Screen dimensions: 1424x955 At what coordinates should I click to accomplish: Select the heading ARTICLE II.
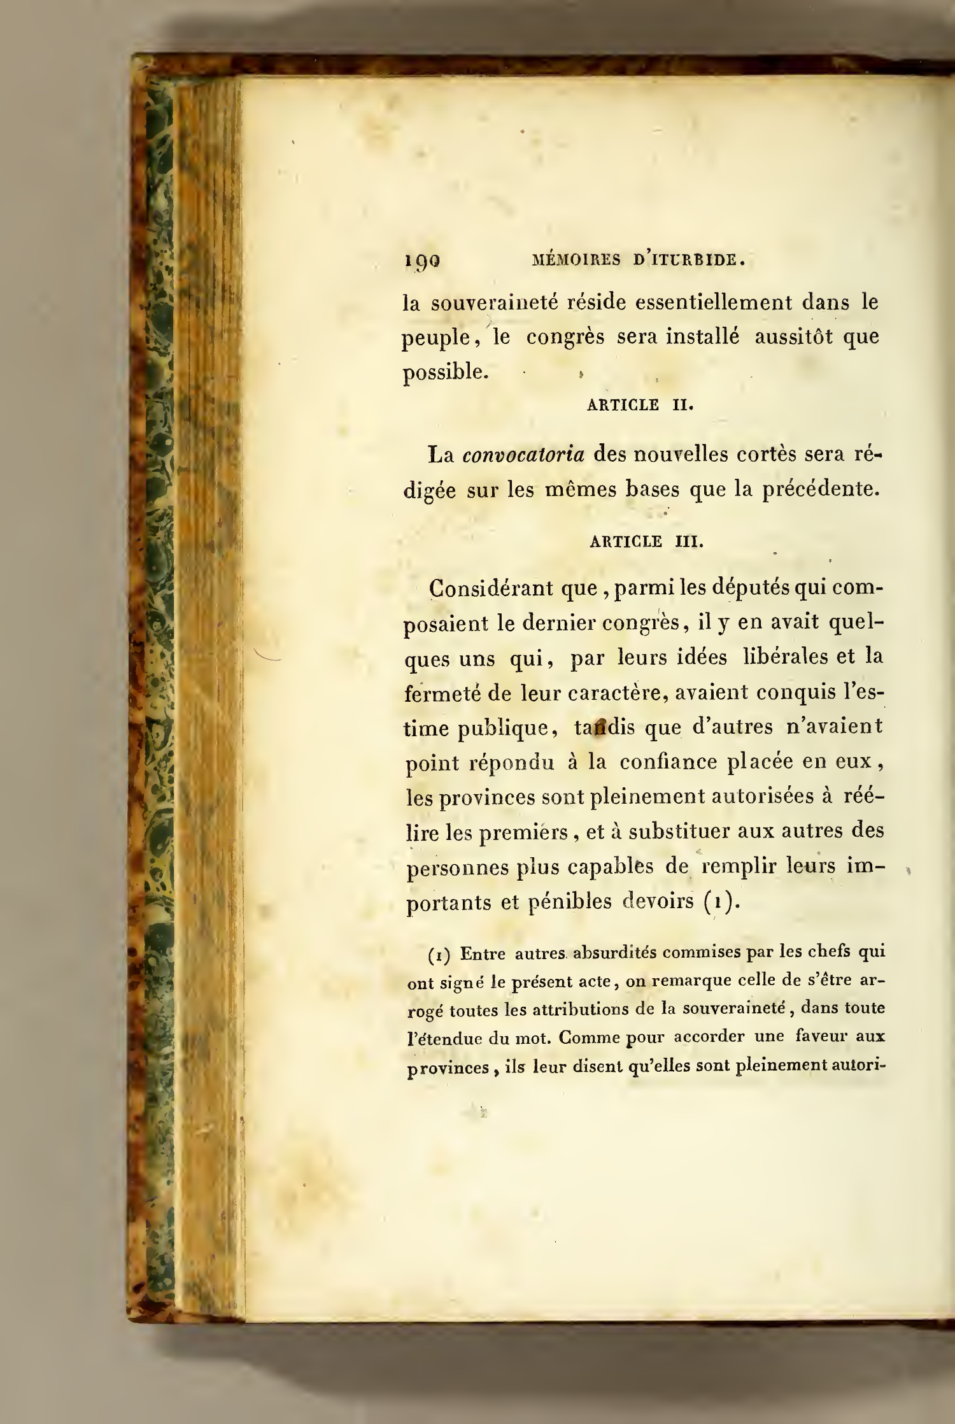pos(639,405)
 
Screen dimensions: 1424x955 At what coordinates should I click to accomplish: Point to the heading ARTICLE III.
pos(646,542)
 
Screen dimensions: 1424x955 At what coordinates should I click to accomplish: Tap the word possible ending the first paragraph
pos(446,372)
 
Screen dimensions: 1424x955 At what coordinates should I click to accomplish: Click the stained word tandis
pos(604,727)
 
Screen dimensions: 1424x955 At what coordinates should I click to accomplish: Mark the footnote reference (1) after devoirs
pos(723,902)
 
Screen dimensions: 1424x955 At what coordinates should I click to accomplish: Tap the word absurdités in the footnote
pos(611,953)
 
